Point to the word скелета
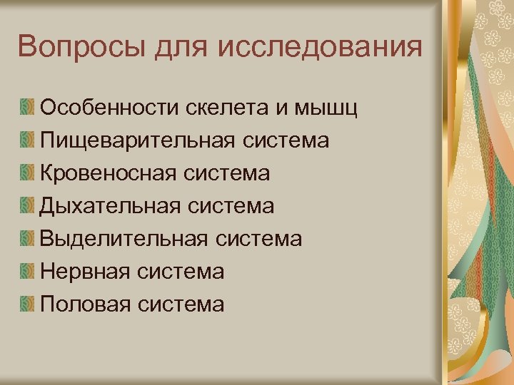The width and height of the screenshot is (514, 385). [x=228, y=108]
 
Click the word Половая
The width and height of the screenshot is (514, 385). [x=86, y=304]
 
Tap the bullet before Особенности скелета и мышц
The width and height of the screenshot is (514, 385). [x=28, y=108]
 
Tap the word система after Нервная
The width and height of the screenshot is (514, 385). [x=181, y=272]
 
